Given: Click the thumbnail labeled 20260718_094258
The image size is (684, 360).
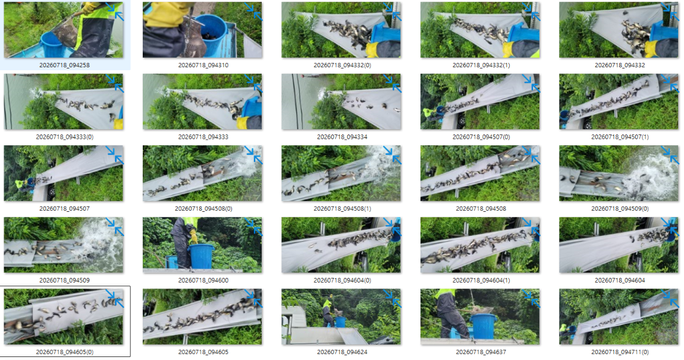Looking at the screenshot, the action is [64, 30].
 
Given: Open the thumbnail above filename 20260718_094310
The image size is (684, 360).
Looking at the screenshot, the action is [202, 30].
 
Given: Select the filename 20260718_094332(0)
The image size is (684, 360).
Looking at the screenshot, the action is [342, 65].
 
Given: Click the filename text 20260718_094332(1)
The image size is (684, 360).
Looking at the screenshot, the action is [481, 65].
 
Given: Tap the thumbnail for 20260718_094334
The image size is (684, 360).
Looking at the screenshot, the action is [341, 101].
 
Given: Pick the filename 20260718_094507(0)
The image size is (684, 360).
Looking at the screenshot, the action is [481, 137].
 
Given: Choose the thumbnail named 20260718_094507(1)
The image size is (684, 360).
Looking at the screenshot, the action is [619, 101].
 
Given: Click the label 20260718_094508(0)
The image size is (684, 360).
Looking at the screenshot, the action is [203, 209].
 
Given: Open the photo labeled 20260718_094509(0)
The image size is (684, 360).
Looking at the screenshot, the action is [619, 173].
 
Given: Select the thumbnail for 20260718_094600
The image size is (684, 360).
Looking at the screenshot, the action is [202, 245].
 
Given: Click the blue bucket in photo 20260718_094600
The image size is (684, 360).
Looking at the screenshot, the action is [201, 256].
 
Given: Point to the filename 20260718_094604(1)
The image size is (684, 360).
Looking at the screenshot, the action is [481, 280].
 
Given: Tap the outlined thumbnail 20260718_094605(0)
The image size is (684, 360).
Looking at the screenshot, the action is [64, 317].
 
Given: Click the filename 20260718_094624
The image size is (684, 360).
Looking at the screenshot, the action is [342, 352].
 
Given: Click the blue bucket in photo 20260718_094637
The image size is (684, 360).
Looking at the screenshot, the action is [484, 327].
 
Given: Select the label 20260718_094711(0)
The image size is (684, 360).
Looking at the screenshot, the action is [619, 352].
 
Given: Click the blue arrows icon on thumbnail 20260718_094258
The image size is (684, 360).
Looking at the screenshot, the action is [115, 12].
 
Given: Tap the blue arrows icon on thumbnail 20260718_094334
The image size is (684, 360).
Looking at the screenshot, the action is [393, 83].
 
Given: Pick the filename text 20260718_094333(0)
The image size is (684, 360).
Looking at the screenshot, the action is [65, 137].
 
